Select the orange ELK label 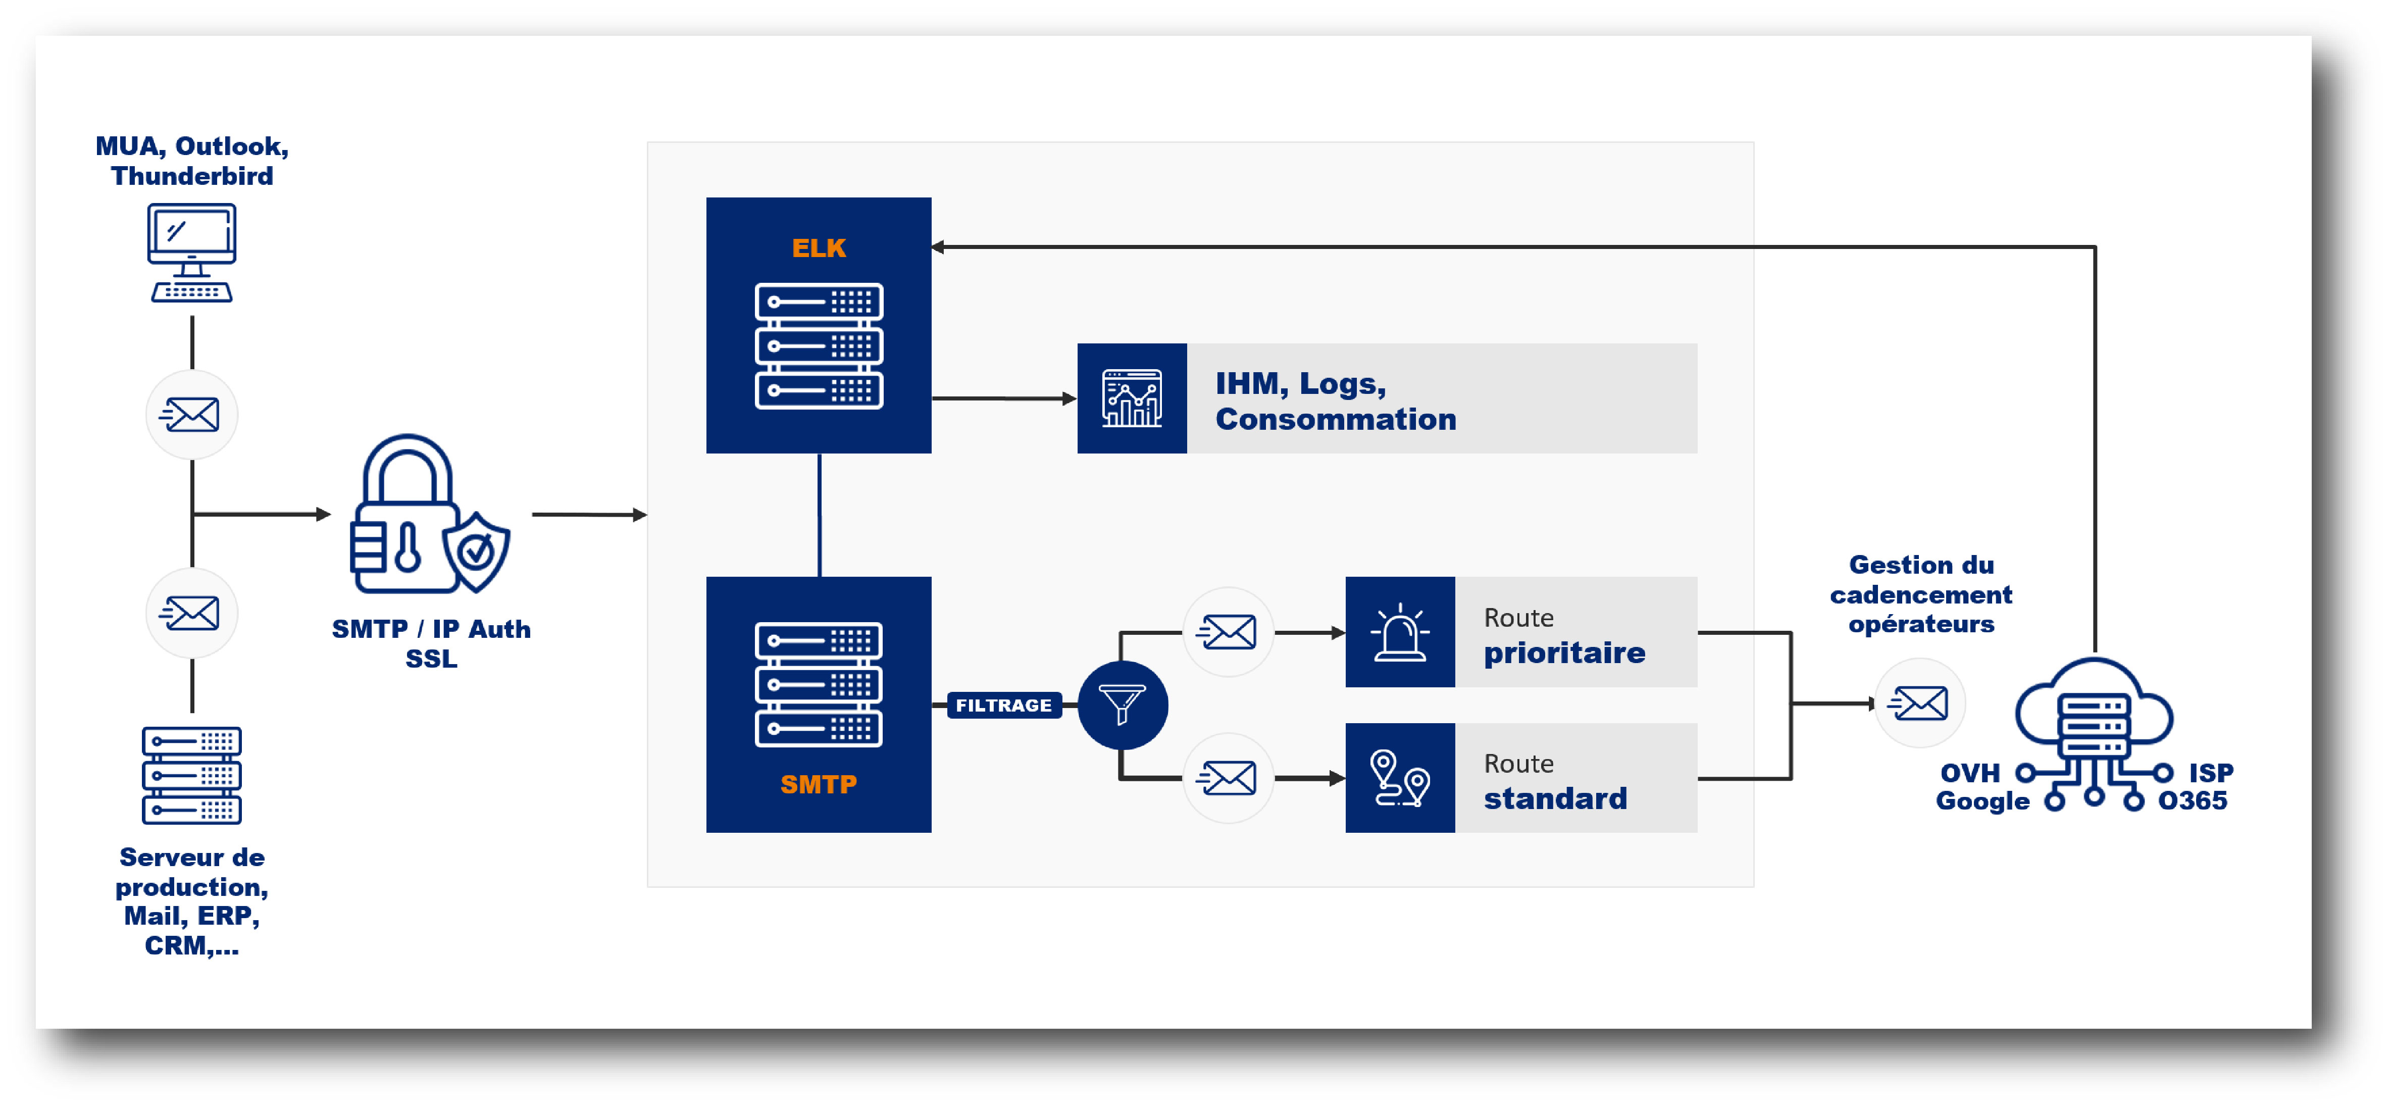[819, 248]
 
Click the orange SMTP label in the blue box [819, 784]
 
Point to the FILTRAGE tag [1004, 705]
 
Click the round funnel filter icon [1123, 705]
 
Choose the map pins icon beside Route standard [1400, 778]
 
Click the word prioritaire [1564, 653]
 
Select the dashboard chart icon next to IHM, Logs [1132, 398]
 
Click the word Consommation [1336, 419]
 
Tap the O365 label [2193, 801]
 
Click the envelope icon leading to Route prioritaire [1228, 632]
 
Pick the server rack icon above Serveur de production [192, 775]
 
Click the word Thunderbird [192, 176]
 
